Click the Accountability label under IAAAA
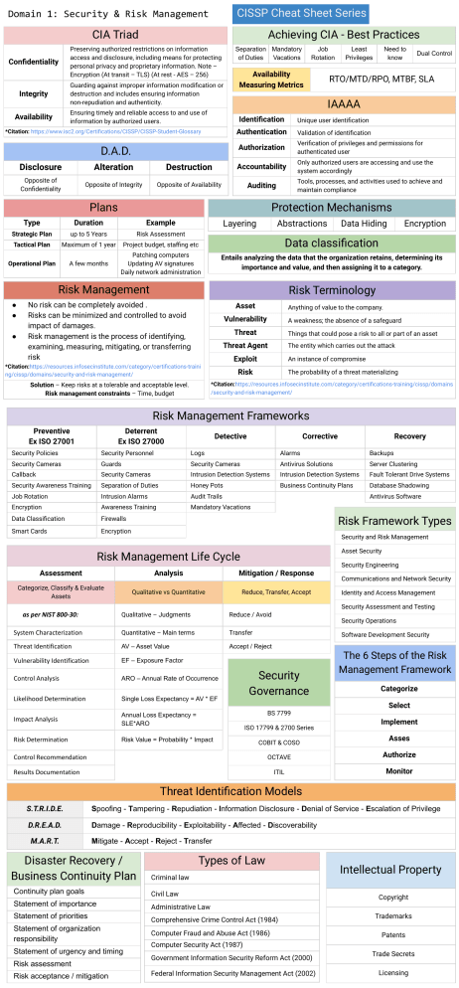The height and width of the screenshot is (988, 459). [261, 166]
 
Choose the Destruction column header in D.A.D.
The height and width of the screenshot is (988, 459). [189, 167]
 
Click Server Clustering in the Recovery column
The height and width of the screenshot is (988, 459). [393, 463]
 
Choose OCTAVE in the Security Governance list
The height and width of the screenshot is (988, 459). [278, 757]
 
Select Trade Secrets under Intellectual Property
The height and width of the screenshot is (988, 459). [392, 953]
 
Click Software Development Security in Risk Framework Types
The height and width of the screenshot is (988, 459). [385, 634]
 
